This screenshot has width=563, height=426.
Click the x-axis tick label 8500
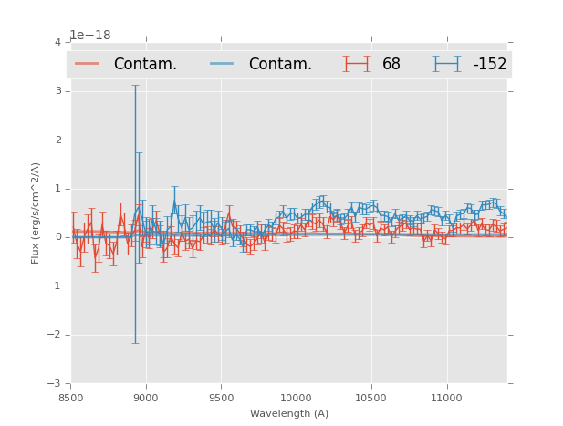[x=70, y=398]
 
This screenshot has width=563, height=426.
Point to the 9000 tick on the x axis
[x=146, y=398]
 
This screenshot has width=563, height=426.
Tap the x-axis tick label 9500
[x=221, y=398]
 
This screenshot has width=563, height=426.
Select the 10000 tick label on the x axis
[x=296, y=398]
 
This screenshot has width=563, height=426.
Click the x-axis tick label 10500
[x=371, y=398]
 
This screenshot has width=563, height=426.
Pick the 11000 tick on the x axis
[x=446, y=398]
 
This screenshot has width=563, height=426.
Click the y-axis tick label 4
[x=57, y=42]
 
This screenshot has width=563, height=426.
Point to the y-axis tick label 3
[x=57, y=91]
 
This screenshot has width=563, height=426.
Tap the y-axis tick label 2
[x=57, y=140]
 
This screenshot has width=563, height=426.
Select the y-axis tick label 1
[x=57, y=189]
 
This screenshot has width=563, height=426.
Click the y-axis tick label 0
[x=57, y=237]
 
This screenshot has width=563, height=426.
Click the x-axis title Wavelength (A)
[x=288, y=414]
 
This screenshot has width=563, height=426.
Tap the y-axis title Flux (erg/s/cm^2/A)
[x=36, y=213]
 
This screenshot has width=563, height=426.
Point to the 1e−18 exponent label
[x=90, y=36]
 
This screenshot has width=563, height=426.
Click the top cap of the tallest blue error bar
[x=135, y=86]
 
